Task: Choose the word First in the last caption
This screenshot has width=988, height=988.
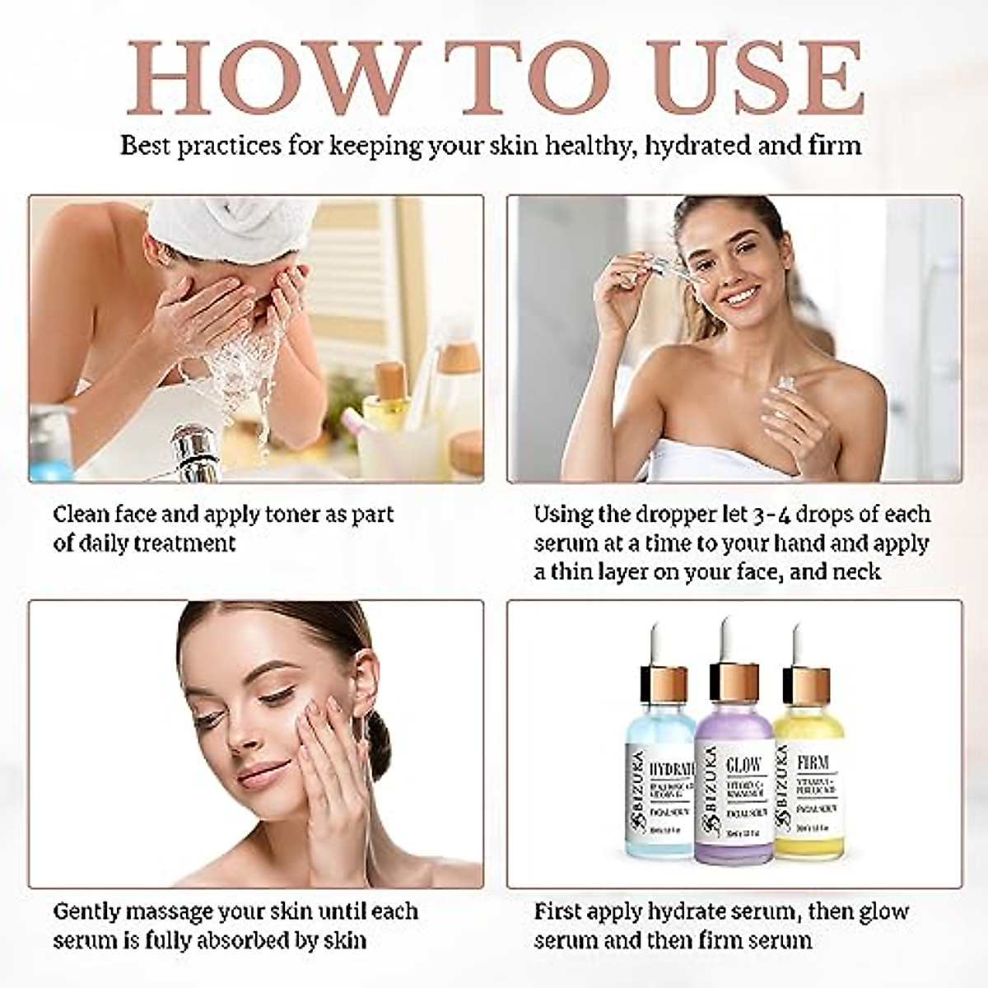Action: pos(562,912)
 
